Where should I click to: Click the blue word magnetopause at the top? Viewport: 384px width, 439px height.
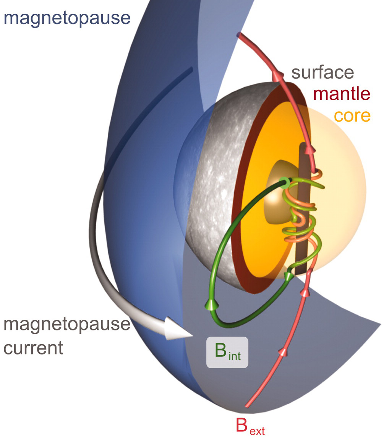(67, 17)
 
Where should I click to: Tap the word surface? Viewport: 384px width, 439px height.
(322, 72)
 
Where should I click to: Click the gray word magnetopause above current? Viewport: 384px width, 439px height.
(66, 325)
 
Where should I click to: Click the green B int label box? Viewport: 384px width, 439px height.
(227, 352)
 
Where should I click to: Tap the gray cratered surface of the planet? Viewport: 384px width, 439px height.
(214, 191)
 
